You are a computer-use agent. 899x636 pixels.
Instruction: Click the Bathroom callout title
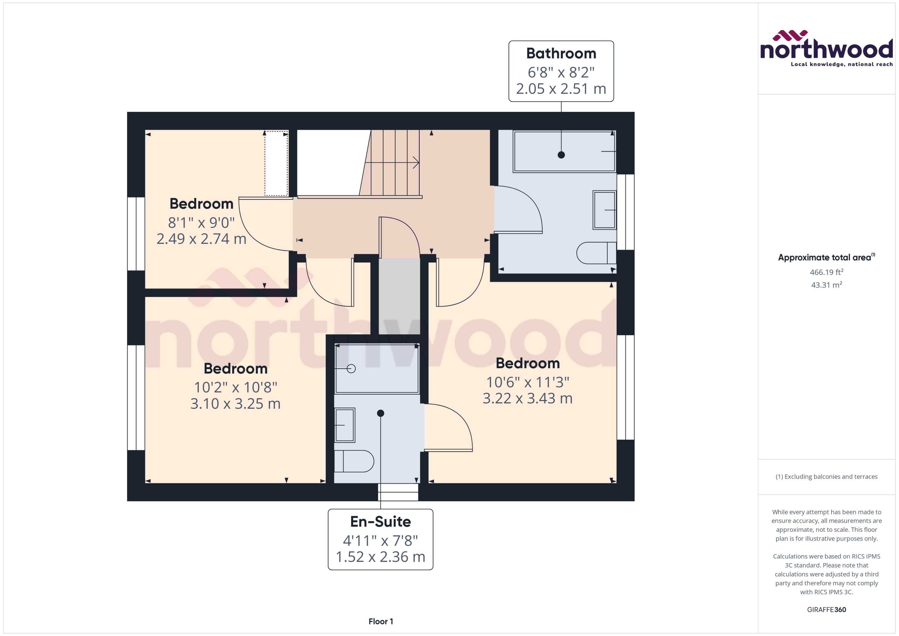tap(561, 53)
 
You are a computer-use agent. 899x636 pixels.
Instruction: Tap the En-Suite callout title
tap(380, 522)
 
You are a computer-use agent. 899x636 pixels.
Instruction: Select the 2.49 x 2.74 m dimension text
tap(201, 239)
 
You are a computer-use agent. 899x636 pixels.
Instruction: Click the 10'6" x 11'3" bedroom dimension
tap(528, 382)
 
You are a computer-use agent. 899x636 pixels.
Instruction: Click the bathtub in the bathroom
tap(564, 151)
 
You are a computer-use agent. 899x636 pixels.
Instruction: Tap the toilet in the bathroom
tap(595, 253)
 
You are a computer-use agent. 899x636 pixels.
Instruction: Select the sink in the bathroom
tap(604, 210)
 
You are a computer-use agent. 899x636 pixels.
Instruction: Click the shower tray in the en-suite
tap(377, 368)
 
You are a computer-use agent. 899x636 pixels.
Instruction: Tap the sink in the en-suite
tap(345, 425)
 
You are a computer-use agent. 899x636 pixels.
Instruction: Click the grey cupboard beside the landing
tap(399, 296)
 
